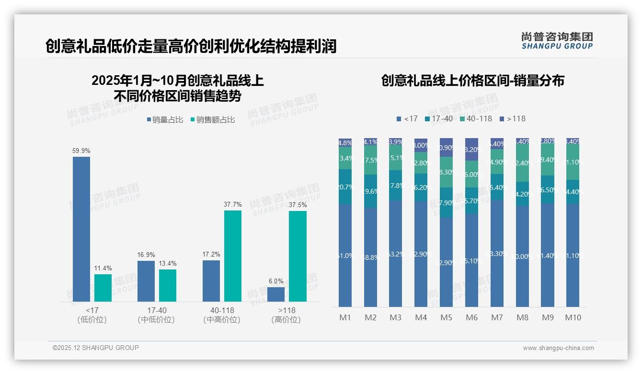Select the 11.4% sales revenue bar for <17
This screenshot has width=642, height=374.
click(x=103, y=288)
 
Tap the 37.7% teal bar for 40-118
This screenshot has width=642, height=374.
click(x=233, y=256)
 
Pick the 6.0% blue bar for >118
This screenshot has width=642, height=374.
click(x=276, y=294)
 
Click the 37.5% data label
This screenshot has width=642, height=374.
click(x=298, y=205)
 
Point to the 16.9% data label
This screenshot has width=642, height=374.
click(x=146, y=255)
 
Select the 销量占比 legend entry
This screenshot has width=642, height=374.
click(x=165, y=120)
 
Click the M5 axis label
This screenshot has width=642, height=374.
click(x=446, y=317)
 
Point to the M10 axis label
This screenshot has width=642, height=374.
click(x=573, y=317)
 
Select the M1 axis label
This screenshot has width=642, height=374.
click(x=345, y=317)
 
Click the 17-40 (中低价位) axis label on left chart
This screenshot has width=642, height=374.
click(x=156, y=315)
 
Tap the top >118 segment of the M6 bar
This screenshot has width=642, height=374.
click(x=471, y=149)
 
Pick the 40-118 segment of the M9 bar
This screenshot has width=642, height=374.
click(x=548, y=160)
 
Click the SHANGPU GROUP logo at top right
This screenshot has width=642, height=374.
click(x=557, y=41)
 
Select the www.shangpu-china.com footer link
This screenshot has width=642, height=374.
click(x=558, y=348)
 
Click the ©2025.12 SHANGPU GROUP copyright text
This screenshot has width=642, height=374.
click(x=96, y=348)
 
